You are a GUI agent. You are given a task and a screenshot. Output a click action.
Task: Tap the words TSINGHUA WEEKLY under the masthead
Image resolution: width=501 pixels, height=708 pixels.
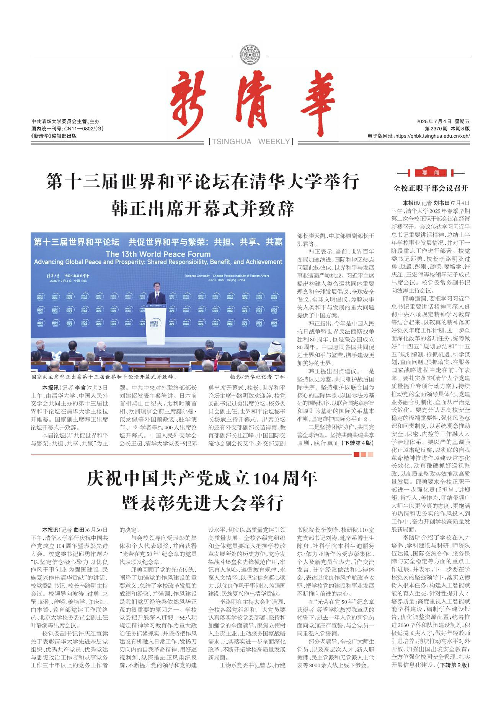point(251,142)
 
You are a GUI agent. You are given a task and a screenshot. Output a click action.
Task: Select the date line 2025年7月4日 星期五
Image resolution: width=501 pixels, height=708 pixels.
point(443,122)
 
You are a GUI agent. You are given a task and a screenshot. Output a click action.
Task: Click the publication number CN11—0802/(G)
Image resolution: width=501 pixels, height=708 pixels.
point(67,129)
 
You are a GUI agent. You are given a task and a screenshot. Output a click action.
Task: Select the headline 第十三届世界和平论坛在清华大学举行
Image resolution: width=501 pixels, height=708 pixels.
point(203,181)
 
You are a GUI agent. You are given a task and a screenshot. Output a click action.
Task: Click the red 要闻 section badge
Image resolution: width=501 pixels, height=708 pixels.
point(431,173)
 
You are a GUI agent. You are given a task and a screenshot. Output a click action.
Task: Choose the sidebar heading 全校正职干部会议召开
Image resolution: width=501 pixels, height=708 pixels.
point(431,188)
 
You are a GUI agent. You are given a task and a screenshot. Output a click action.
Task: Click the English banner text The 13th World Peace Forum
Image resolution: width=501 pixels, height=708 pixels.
point(158,254)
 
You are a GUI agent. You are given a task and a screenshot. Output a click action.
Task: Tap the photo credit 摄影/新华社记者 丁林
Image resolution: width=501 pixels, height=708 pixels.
point(257,377)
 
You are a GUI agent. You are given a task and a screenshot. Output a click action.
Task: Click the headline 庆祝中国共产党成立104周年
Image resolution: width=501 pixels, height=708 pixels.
point(202,478)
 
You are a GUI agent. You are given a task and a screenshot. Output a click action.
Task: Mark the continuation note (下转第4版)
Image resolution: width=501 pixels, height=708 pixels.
point(357,443)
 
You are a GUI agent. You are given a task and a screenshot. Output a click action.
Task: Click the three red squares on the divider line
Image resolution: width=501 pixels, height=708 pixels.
point(363,455)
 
